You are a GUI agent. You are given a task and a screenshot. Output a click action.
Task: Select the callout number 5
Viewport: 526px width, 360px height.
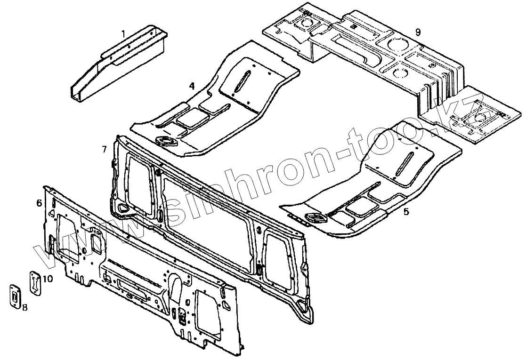[406, 212]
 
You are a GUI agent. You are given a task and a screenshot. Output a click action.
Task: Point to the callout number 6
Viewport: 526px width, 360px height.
[39, 203]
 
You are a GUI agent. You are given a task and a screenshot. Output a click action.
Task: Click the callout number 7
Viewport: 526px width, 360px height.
[104, 149]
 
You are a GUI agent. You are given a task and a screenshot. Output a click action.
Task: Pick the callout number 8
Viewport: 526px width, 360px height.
[24, 307]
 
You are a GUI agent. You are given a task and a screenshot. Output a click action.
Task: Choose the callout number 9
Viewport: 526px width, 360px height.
[417, 32]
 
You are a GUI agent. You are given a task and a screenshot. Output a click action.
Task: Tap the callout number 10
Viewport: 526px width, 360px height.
[48, 279]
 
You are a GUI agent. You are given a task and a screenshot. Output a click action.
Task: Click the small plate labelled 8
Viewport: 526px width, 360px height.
[15, 296]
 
